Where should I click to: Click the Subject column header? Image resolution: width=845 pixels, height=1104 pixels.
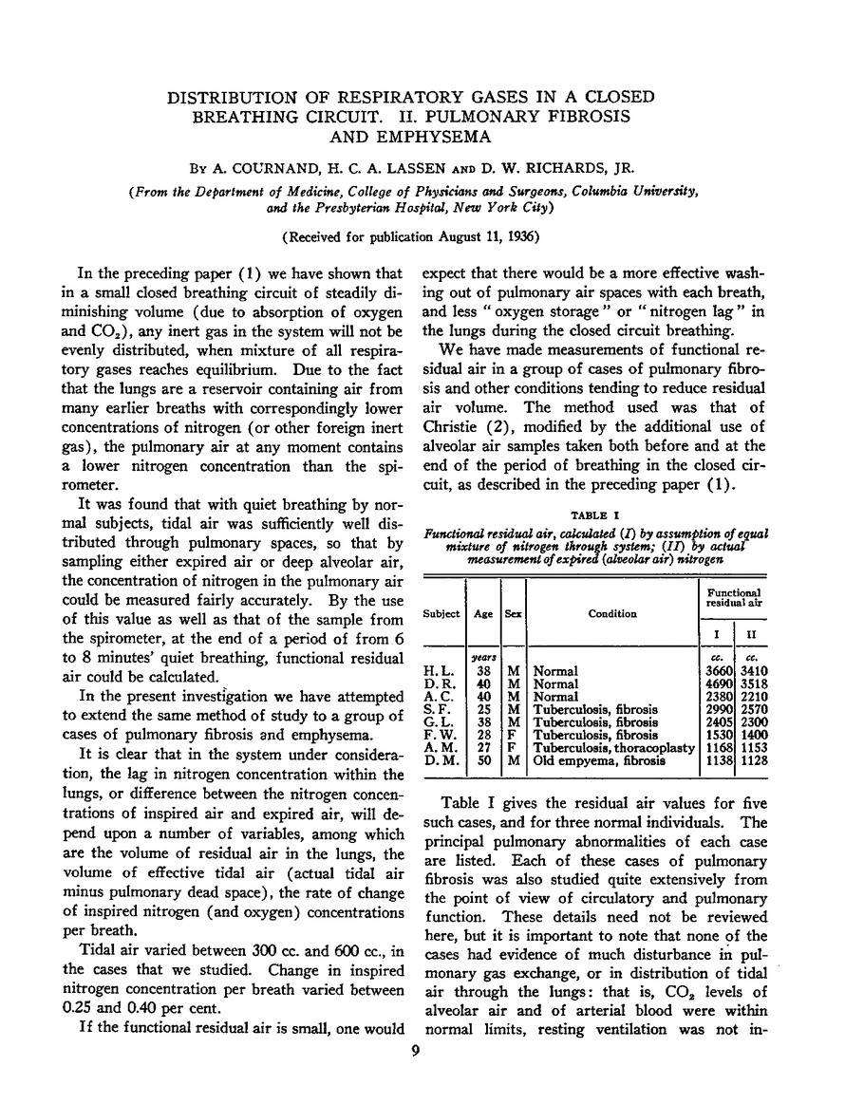coord(441,613)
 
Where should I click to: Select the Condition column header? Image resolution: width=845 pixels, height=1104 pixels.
coord(612,613)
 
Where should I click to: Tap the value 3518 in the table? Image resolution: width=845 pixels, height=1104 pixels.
coord(751,683)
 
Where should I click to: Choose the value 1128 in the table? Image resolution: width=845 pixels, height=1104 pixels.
coord(751,759)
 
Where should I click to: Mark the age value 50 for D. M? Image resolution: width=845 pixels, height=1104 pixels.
coord(482,759)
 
